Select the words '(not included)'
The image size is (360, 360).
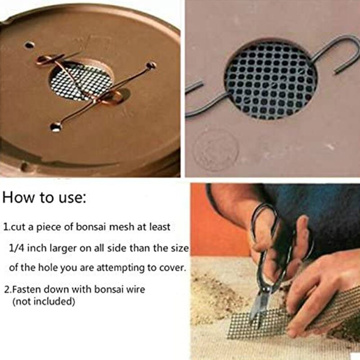coord(43,301)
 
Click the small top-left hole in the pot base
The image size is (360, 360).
coord(29,45)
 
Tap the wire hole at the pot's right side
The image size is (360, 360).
coord(151,66)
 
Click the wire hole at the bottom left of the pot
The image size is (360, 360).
coord(55,127)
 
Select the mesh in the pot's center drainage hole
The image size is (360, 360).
coord(74,81)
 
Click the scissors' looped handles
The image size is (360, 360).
coord(270,225)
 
